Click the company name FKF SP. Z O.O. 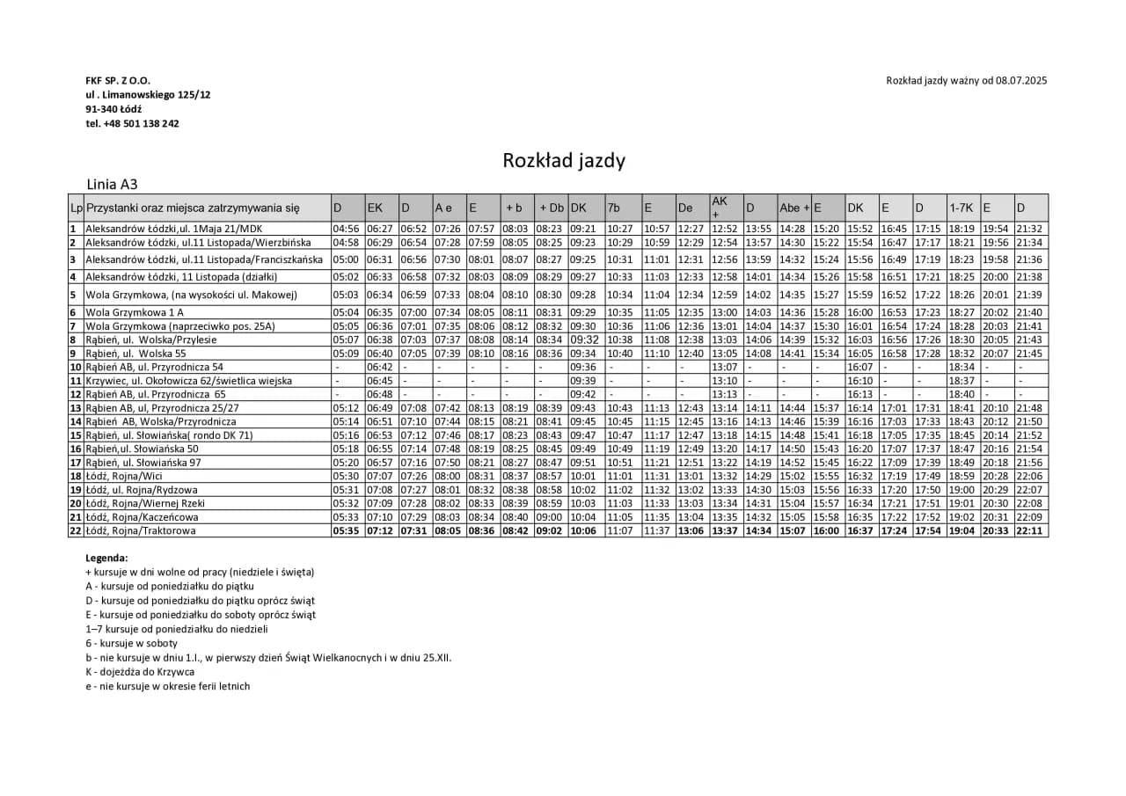118,80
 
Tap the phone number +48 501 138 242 132,123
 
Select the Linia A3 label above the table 112,185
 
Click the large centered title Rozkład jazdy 564,160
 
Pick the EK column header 375,208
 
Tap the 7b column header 614,208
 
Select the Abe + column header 793,208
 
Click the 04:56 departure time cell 346,229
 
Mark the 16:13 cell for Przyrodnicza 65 859,394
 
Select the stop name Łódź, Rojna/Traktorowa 140,530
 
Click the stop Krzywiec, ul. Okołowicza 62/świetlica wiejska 188,381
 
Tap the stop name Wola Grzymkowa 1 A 135,312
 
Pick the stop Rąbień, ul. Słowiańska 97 143,463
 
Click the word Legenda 106,558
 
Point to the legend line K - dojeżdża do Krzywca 140,672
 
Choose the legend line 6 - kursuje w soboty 131,644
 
